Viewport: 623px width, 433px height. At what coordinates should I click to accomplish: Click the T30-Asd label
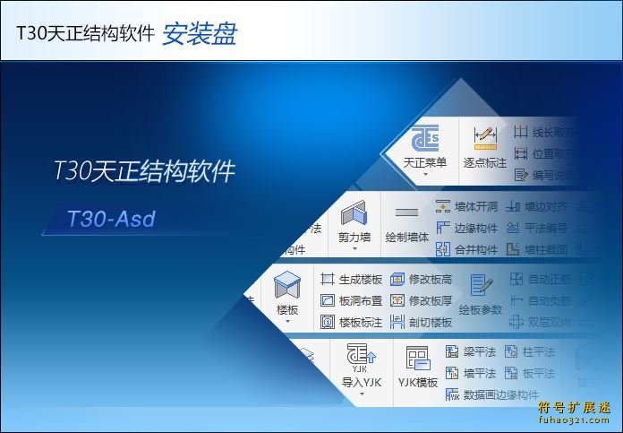click(x=111, y=219)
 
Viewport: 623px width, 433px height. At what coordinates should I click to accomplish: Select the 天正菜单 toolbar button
click(x=424, y=147)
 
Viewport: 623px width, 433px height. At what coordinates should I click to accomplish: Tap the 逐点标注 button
click(x=485, y=147)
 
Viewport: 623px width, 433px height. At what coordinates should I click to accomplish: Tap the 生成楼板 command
click(x=352, y=280)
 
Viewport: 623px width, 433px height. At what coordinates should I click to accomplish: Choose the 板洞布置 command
click(x=352, y=301)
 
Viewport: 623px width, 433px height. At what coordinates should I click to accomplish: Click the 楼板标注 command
click(x=352, y=323)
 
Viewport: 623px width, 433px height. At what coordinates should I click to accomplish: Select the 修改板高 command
click(x=422, y=280)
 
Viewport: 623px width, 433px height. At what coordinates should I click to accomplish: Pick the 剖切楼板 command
click(x=422, y=323)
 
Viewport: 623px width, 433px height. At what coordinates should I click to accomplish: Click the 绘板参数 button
click(x=481, y=296)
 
